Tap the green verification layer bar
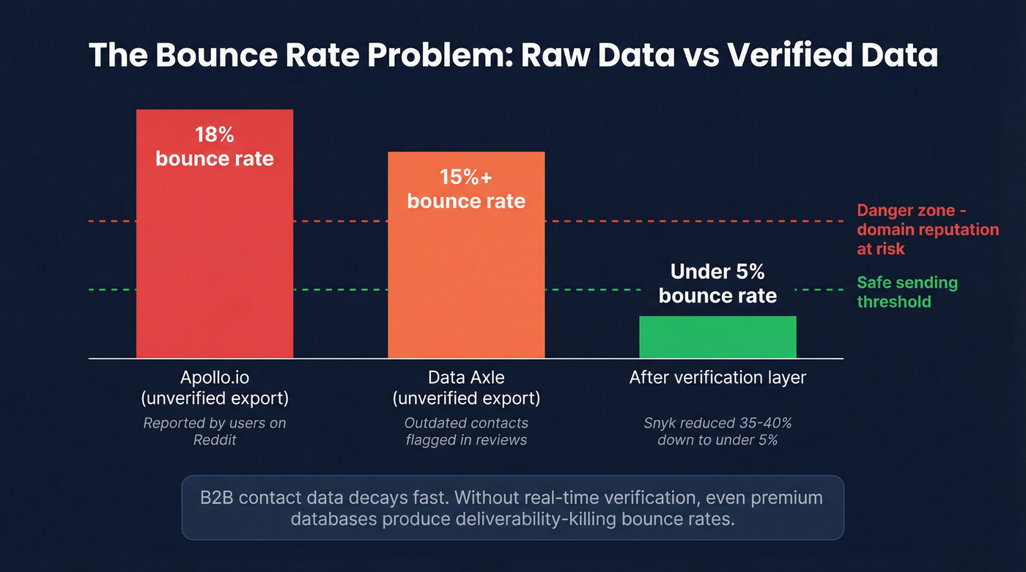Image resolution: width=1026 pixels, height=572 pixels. pos(717,337)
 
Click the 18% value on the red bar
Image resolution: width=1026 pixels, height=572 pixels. pos(214,135)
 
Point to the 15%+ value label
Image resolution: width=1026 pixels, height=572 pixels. pos(466,177)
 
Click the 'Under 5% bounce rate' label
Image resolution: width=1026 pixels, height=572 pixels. pos(717,284)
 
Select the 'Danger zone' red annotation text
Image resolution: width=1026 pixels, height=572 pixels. pos(927,229)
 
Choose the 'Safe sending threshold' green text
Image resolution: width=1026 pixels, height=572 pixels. pos(907,292)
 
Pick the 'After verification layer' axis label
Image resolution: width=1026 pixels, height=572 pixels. pos(717,378)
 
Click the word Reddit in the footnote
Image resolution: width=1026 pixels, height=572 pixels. pos(215,439)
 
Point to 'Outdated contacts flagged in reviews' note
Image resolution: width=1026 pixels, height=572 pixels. pos(466,431)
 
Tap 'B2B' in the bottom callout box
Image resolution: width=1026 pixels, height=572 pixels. pos(218,498)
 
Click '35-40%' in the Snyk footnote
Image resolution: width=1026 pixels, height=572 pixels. pos(767,423)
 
